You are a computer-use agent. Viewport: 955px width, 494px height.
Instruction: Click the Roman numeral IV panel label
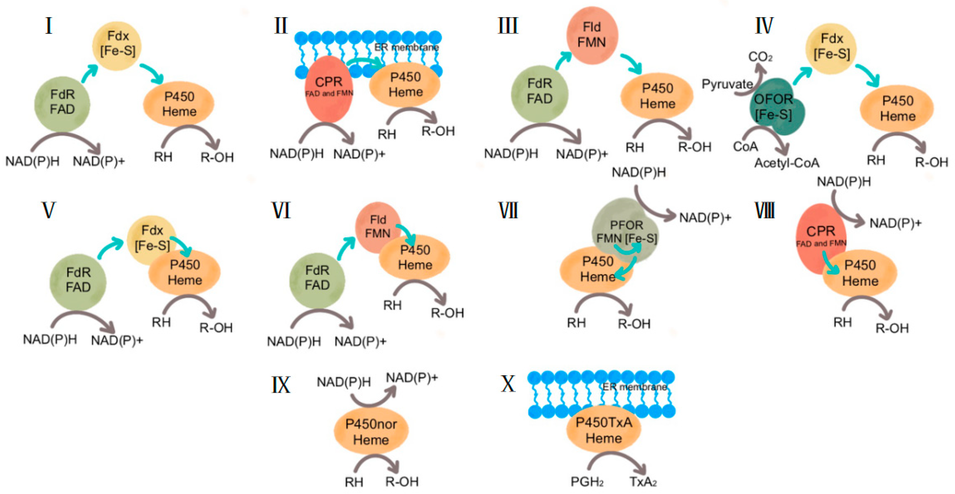click(x=764, y=26)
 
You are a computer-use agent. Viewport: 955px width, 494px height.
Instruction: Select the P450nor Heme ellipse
click(x=371, y=431)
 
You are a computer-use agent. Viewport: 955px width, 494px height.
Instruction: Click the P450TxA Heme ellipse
click(x=603, y=430)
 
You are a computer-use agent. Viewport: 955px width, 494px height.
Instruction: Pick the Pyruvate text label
click(x=727, y=84)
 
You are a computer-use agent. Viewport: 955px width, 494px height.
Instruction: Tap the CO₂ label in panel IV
click(x=760, y=57)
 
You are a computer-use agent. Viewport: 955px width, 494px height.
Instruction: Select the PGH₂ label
click(x=587, y=482)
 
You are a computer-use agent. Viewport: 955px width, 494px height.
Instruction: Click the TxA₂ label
click(x=643, y=482)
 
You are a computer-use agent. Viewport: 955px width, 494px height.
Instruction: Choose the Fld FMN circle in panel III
click(x=592, y=35)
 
